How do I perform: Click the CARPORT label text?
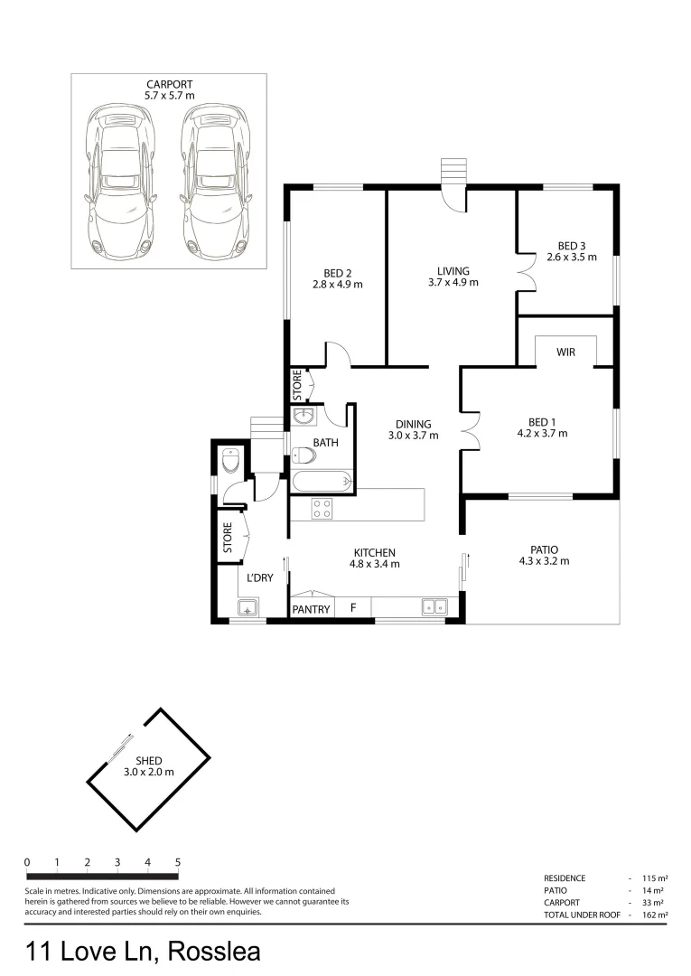coord(169,84)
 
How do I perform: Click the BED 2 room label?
coord(337,273)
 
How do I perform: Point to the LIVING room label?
coord(453,270)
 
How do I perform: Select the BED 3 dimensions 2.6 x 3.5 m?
coord(572,257)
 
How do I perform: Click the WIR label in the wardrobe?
coord(565,352)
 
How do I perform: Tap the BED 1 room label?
coord(547,421)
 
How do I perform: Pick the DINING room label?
coord(413,424)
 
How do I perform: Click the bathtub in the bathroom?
coord(322,482)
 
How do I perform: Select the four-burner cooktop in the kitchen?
coord(322,509)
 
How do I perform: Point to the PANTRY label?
coord(311,610)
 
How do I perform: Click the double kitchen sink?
coord(434,608)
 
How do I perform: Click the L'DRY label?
coord(260,577)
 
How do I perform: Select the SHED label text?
coord(148,761)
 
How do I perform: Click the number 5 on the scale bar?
coord(178,862)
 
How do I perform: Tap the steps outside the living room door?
coord(452,171)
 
